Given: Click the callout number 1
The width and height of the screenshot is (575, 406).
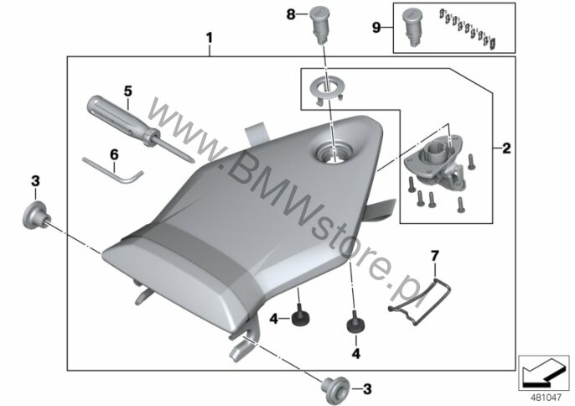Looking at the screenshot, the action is click(209, 38).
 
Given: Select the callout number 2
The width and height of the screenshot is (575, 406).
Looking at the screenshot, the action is click(506, 148).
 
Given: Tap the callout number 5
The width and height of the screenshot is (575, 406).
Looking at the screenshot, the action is click(127, 91).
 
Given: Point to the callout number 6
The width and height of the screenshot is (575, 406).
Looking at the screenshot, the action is click(114, 154).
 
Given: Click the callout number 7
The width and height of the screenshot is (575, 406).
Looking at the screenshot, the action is click(434, 256).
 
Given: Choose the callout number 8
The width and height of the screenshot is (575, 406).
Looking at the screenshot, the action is click(290, 15).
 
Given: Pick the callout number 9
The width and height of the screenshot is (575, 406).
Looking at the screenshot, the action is click(376, 28).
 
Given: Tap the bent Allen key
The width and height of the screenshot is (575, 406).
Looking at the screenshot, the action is click(113, 170).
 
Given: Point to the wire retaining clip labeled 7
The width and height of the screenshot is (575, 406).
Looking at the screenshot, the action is click(419, 300).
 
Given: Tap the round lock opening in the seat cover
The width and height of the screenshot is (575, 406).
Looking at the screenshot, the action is click(334, 152).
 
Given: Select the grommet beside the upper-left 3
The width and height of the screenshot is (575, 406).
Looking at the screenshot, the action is click(36, 215).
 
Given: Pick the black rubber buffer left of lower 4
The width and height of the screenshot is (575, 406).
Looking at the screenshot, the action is click(300, 316).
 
